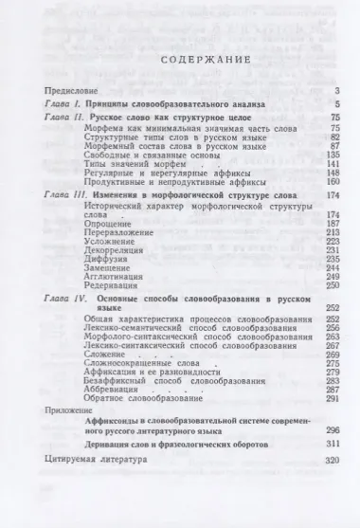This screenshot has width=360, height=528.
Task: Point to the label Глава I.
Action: [65, 103]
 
